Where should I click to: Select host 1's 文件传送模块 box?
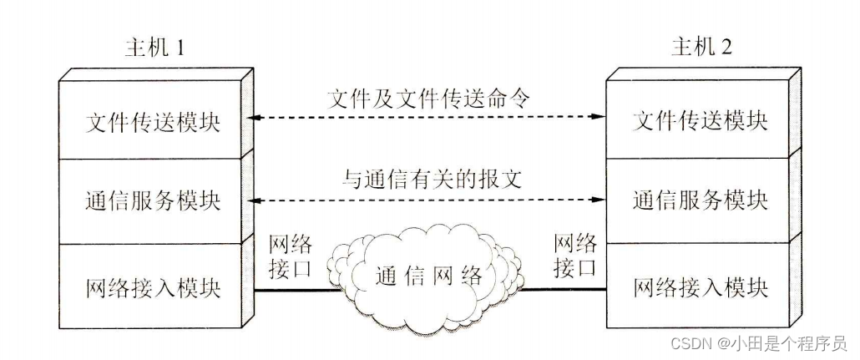[153, 120]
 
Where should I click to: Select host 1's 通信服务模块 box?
[153, 202]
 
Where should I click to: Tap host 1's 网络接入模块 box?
[153, 288]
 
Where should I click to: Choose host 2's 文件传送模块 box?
[701, 120]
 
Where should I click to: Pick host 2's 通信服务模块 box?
[701, 202]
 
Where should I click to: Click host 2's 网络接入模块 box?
[701, 288]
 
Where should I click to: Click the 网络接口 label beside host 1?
[291, 256]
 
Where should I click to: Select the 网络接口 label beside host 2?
[576, 256]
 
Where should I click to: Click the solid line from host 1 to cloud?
[296, 290]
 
